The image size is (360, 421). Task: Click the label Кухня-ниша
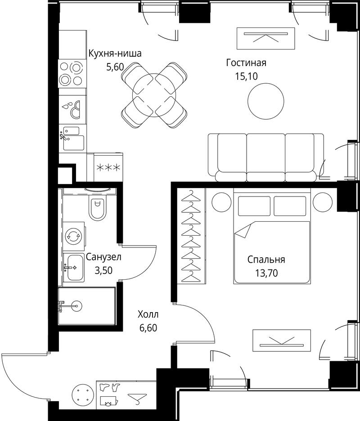pyautogui.click(x=115, y=54)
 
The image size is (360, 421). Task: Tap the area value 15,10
pyautogui.click(x=246, y=76)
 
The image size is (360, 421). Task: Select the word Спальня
pyautogui.click(x=266, y=260)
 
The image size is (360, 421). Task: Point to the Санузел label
pyautogui.click(x=103, y=257)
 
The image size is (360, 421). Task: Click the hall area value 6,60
pyautogui.click(x=148, y=328)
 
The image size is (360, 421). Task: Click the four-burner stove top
pyautogui.click(x=72, y=73)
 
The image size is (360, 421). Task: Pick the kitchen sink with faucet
pyautogui.click(x=72, y=139)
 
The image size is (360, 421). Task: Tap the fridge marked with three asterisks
pyautogui.click(x=108, y=168)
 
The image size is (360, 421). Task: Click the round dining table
pyautogui.click(x=154, y=95)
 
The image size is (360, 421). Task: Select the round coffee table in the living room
pyautogui.click(x=265, y=101)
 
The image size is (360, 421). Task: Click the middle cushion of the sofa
pyautogui.click(x=265, y=157)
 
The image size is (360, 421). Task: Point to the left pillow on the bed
pyautogui.click(x=254, y=206)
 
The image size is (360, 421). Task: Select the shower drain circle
pyautogui.click(x=77, y=305)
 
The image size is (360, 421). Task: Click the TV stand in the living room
pyautogui.click(x=265, y=38)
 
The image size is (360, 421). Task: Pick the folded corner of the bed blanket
pyautogui.click(x=243, y=230)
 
